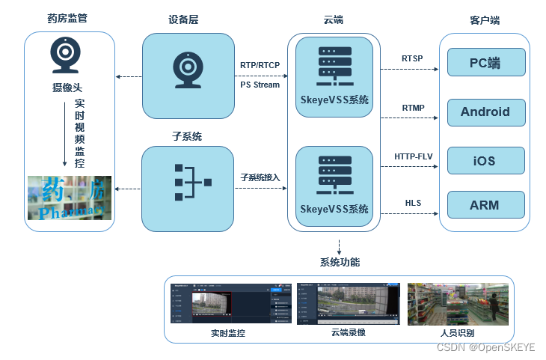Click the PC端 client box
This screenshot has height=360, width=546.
[485, 63]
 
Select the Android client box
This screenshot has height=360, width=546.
[485, 112]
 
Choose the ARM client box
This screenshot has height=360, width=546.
[485, 205]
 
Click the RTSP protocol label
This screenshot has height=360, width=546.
[413, 59]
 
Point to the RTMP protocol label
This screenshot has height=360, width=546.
[413, 108]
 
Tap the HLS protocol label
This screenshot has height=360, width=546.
[413, 203]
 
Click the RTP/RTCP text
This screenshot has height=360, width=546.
[260, 65]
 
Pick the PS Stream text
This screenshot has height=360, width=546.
[260, 85]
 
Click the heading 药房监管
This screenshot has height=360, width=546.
[67, 18]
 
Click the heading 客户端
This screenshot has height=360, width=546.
[485, 20]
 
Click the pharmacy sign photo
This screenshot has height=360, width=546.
[70, 198]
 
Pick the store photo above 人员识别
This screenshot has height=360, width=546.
[457, 303]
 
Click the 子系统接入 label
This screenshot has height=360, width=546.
[260, 177]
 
